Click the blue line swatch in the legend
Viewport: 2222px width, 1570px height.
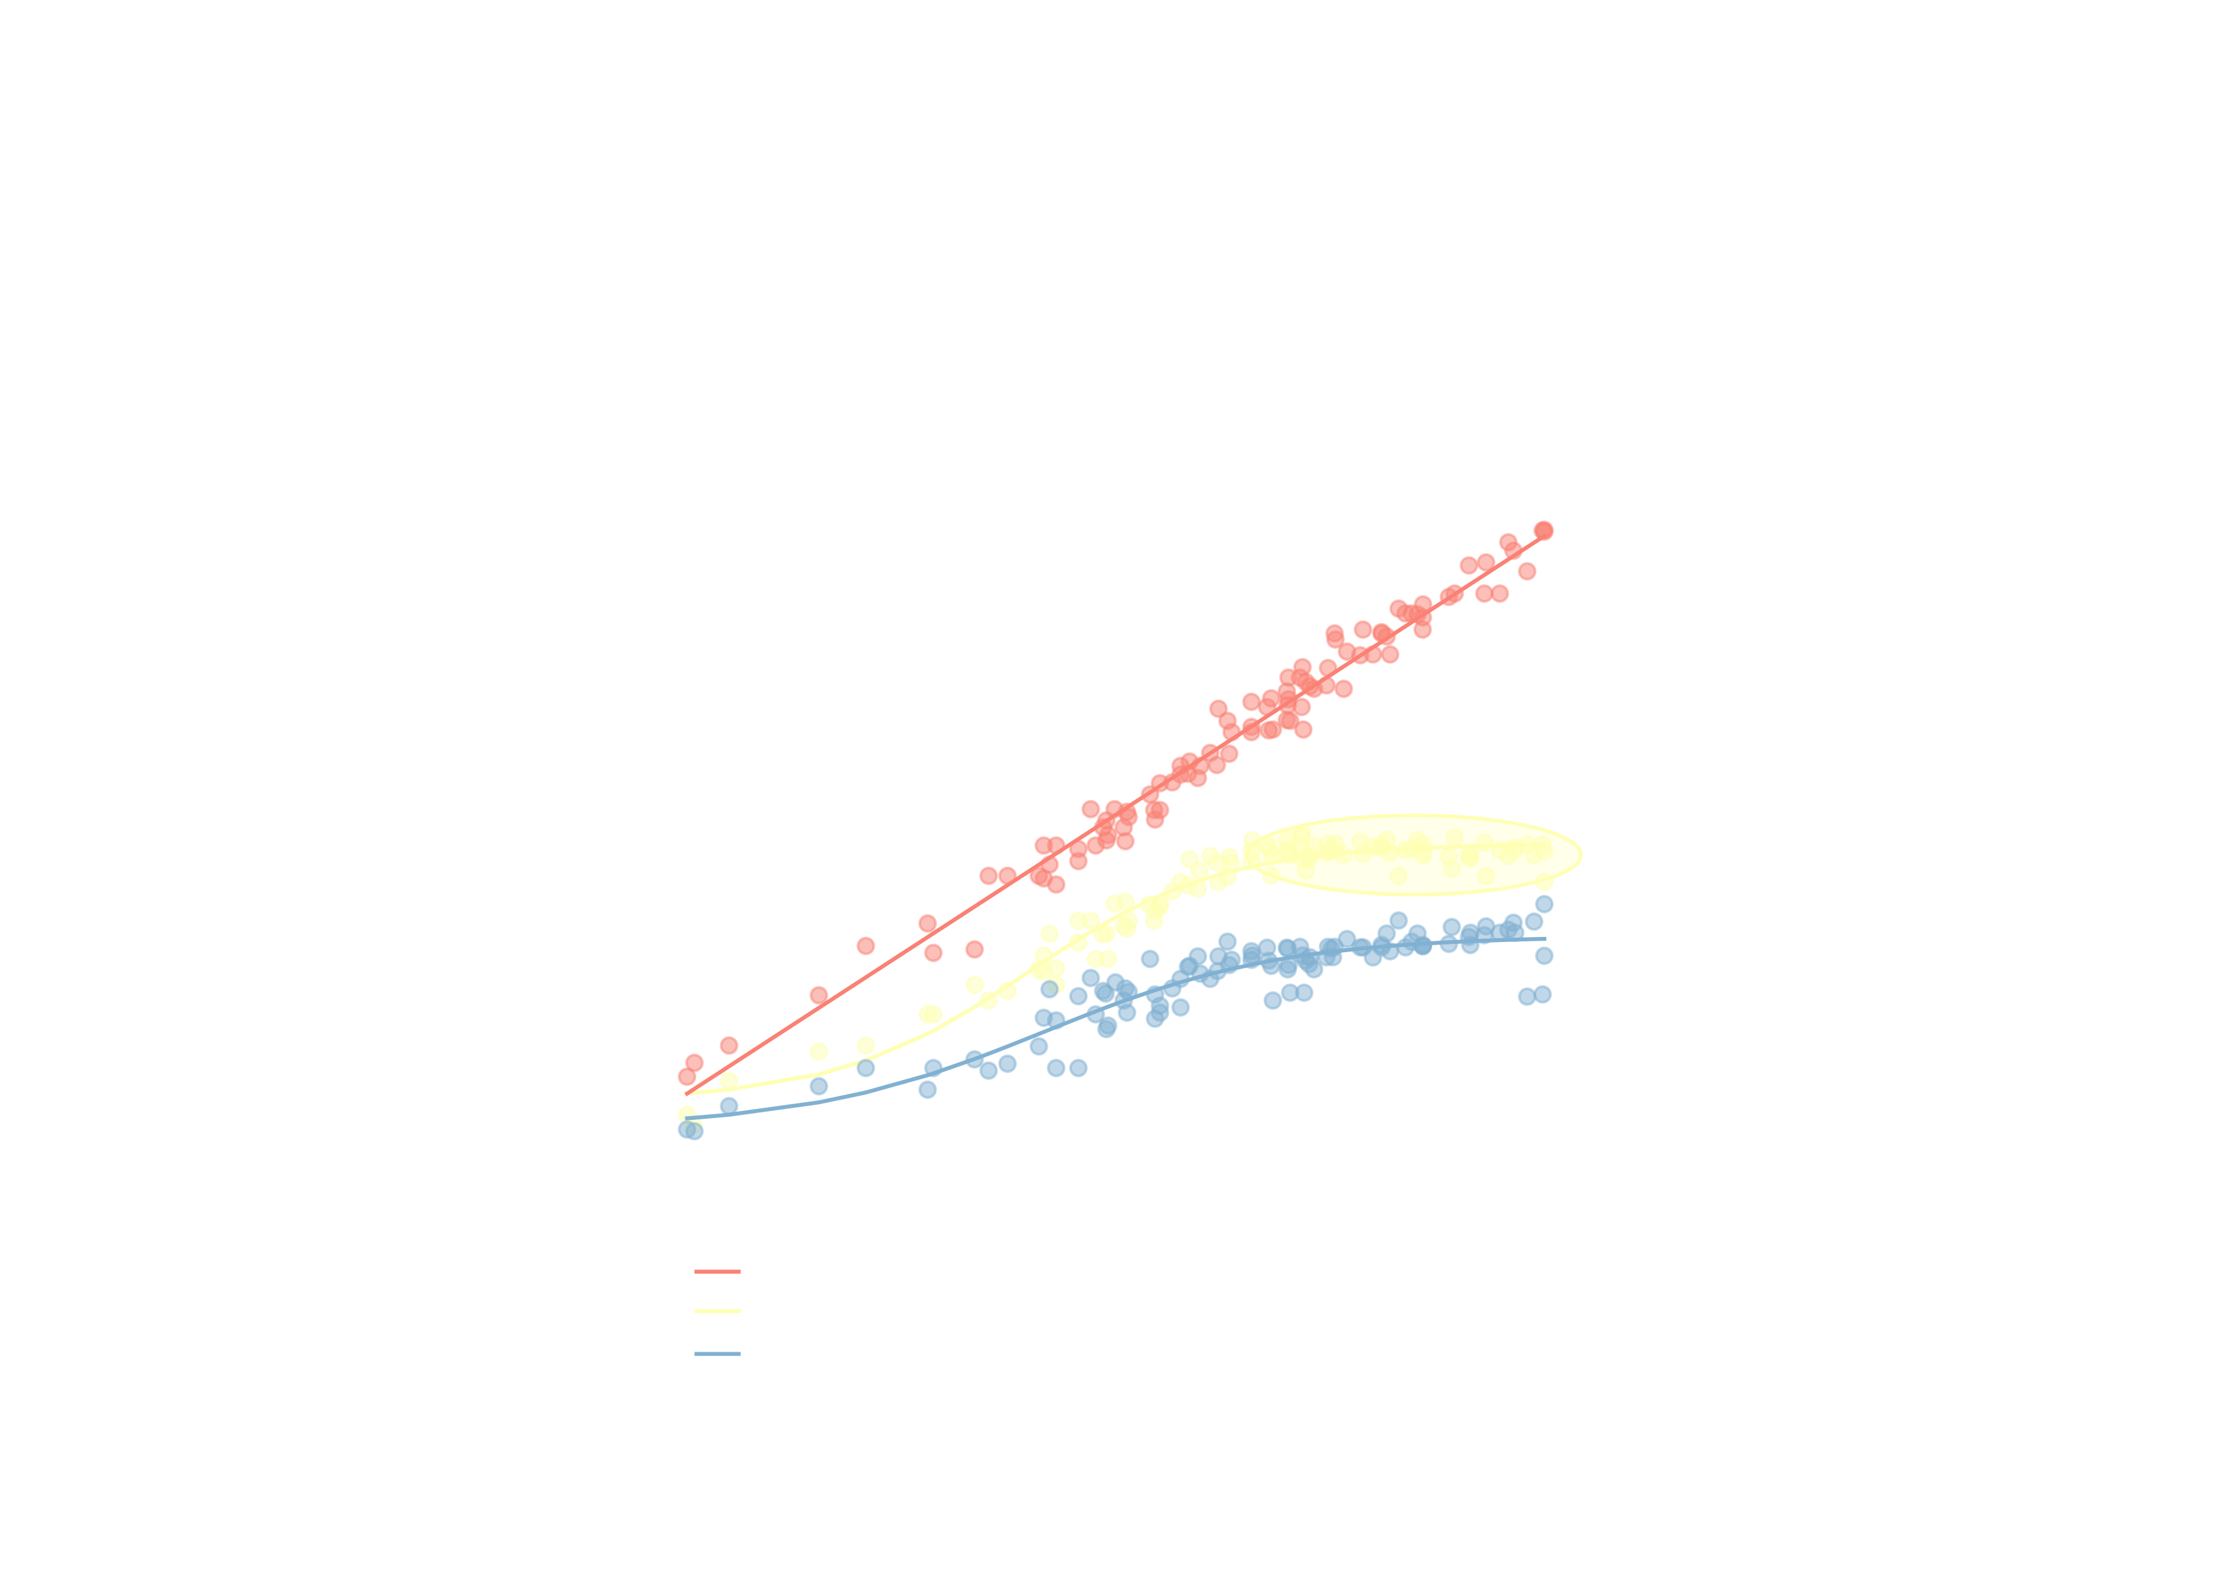[x=717, y=1354]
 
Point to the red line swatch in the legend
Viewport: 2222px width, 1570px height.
[x=717, y=1271]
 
